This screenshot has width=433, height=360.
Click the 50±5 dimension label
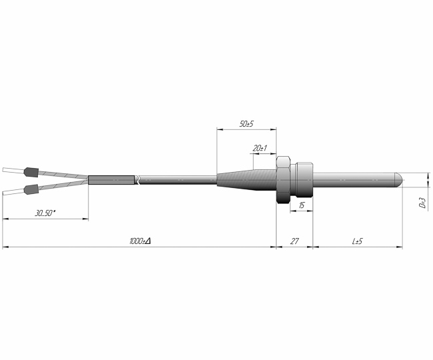point(246,124)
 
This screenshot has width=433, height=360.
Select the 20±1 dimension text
point(260,149)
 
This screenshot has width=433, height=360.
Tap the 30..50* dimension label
point(45,213)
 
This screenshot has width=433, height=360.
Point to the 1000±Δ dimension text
point(141,241)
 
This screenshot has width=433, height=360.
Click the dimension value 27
point(294,241)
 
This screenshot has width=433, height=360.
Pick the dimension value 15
point(302,205)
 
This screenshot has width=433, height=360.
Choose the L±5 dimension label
point(357,241)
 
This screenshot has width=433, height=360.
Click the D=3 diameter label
point(422,203)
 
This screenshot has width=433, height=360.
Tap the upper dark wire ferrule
point(31,172)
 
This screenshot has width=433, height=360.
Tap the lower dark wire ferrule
point(31,189)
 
